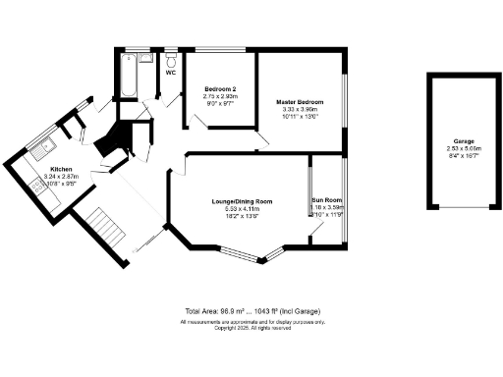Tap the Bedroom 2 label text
tap(220, 89)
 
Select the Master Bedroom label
tap(300, 102)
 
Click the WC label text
tap(171, 73)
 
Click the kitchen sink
tap(40, 149)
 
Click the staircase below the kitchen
tap(101, 229)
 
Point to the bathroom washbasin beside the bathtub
tap(145, 59)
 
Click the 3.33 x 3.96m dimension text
tap(300, 109)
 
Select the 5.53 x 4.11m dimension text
tap(242, 208)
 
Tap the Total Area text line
tap(251, 309)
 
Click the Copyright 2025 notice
tap(251, 328)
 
